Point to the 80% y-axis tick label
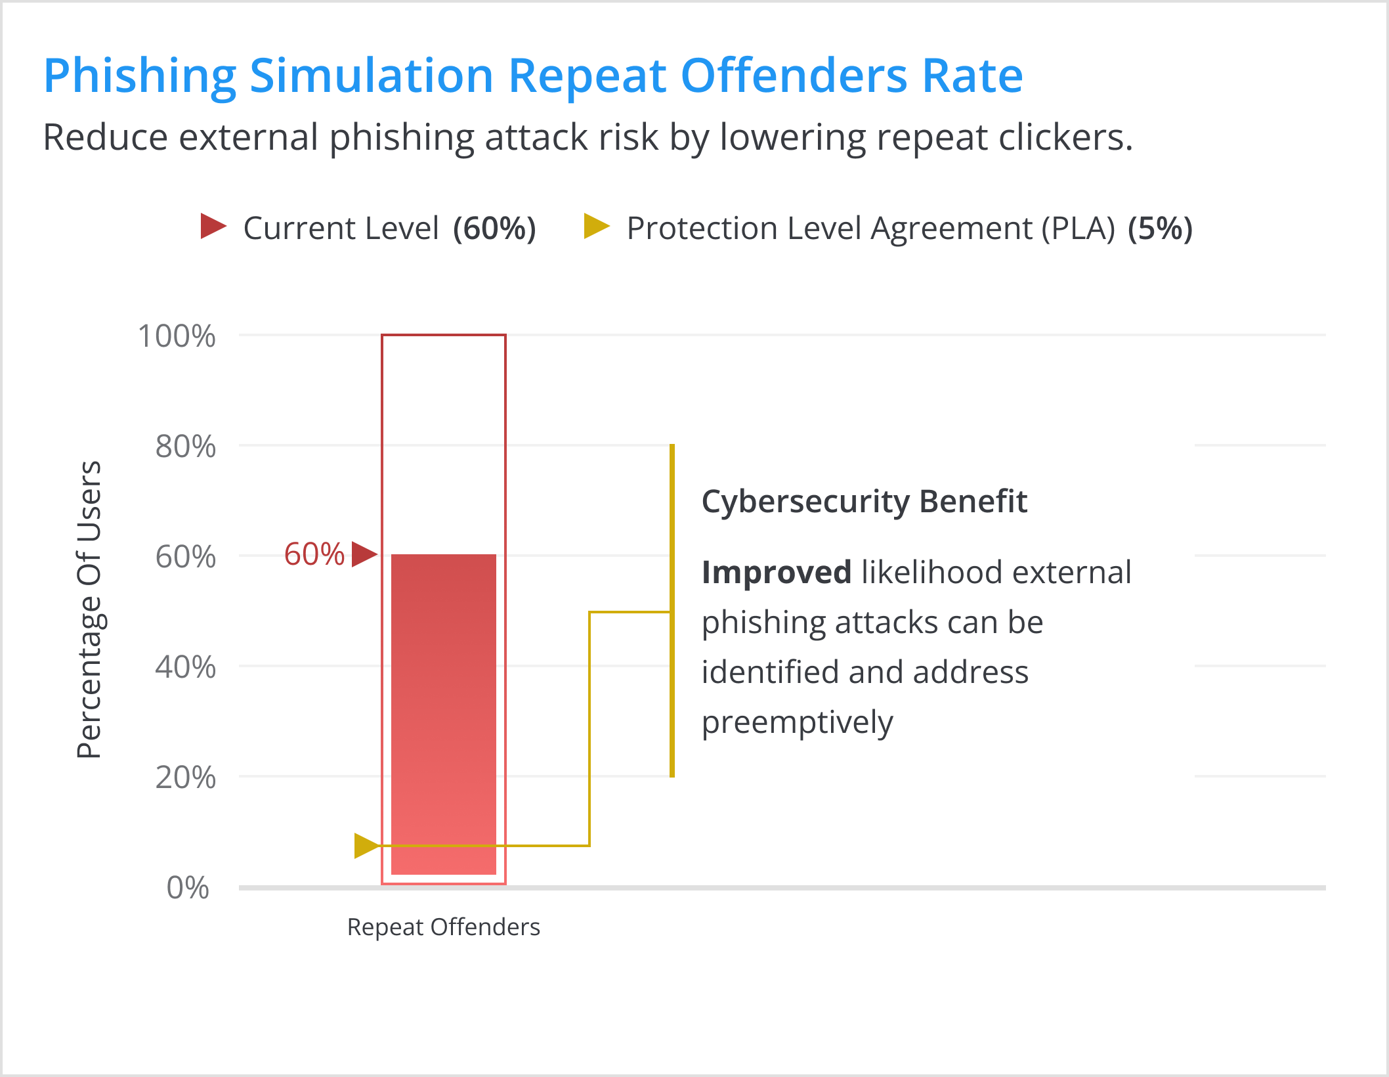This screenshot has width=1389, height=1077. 185,447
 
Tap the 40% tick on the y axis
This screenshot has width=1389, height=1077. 185,667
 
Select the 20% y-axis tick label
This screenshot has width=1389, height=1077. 185,778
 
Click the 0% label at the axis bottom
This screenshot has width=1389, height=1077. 188,888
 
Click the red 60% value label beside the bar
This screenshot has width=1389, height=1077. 314,554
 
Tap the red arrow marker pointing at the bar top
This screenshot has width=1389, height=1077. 363,554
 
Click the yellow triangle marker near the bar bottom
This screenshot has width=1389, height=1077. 365,846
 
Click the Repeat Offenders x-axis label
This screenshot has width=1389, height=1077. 444,927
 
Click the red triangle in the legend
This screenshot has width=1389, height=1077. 212,226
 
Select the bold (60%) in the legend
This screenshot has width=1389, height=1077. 494,229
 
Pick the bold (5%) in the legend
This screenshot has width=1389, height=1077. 1160,229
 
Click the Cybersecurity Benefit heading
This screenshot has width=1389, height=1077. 864,502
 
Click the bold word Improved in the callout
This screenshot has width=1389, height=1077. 776,572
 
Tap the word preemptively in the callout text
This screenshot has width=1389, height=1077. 797,722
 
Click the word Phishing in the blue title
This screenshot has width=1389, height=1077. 140,76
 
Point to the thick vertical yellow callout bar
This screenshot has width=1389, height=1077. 672,611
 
